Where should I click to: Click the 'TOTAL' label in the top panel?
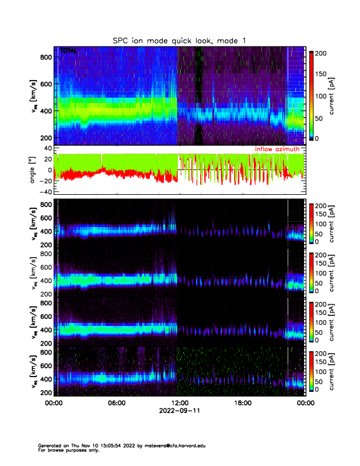(68, 52)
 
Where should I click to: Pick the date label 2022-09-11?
(179, 411)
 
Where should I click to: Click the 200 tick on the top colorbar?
(321, 52)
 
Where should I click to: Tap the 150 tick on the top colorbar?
(321, 74)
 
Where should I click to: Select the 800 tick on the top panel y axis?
(46, 57)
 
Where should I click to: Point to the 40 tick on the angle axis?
(48, 148)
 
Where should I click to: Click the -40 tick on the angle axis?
(46, 192)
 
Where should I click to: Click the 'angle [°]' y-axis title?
(34, 170)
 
